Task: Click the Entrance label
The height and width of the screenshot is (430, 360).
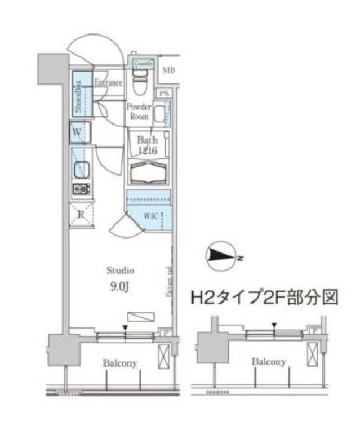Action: coord(108,83)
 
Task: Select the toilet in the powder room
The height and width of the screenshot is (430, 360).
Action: coord(141,84)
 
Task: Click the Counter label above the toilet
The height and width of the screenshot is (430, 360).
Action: coord(142,64)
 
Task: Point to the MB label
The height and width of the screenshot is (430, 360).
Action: coord(168,70)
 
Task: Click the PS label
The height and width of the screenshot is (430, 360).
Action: coord(165,93)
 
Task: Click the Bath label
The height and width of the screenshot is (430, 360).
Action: coord(144,140)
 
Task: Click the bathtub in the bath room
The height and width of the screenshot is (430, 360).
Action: coord(149,171)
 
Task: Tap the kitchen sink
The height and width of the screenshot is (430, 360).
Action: coord(80,169)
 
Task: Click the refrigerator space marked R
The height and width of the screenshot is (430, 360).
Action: coord(80,214)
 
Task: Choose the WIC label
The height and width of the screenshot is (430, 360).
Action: coord(150,216)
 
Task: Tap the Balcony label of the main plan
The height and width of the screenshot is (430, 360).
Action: coord(119,363)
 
